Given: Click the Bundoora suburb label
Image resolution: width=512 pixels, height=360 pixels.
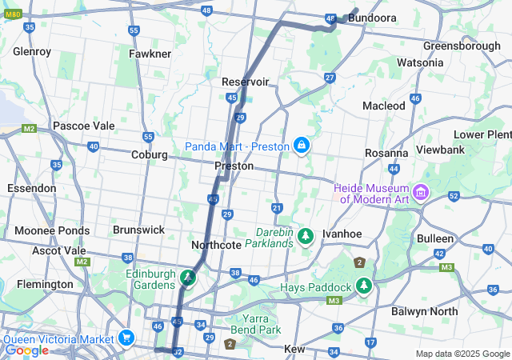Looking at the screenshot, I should point(374,17).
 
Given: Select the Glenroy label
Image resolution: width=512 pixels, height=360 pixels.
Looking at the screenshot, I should point(32,52).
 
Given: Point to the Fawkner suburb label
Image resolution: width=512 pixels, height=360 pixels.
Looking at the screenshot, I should point(150,54).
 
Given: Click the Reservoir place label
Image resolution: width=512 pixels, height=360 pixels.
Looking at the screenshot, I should point(245,82).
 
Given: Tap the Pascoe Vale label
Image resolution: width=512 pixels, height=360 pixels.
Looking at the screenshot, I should point(84,126).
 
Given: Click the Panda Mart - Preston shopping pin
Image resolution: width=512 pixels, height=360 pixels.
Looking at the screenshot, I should point(302,146).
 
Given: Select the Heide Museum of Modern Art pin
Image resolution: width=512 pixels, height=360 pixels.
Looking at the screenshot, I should point(422,193).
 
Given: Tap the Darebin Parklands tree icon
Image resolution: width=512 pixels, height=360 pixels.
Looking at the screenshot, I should point(305,236).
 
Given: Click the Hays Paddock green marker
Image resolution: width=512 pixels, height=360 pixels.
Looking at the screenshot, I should point(365,286).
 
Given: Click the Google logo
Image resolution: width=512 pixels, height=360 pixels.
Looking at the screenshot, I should point(26,350).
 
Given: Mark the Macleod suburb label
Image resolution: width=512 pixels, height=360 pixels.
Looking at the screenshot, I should point(384,106).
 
